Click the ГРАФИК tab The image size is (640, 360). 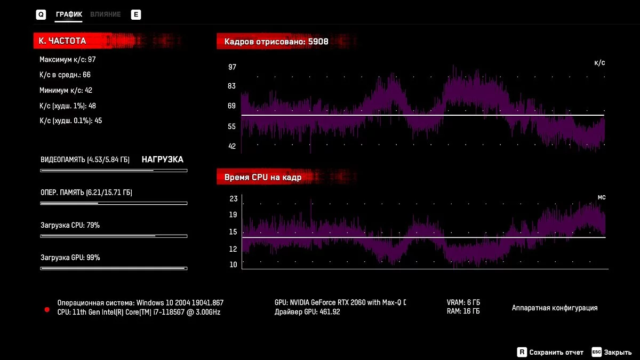69,14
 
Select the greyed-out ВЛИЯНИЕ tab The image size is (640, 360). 105,14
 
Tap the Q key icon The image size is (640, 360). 41,15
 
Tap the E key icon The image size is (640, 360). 136,15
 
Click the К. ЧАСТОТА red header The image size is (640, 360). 62,41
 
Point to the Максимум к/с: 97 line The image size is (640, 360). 67,60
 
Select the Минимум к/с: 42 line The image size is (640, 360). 66,90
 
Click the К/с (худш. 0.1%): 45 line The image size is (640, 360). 70,121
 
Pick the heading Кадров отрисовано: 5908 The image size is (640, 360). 276,41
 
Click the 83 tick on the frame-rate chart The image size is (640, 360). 232,86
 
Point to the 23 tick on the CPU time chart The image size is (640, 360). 233,199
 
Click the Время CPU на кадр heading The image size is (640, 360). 263,178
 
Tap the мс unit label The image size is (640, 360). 601,197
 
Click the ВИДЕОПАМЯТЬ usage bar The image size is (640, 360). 114,171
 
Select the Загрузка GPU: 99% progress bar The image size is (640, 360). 114,268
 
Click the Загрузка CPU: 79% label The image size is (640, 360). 70,225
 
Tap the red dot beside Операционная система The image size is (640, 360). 47,309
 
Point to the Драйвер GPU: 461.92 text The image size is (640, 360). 307,312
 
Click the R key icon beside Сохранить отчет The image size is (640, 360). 522,352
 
